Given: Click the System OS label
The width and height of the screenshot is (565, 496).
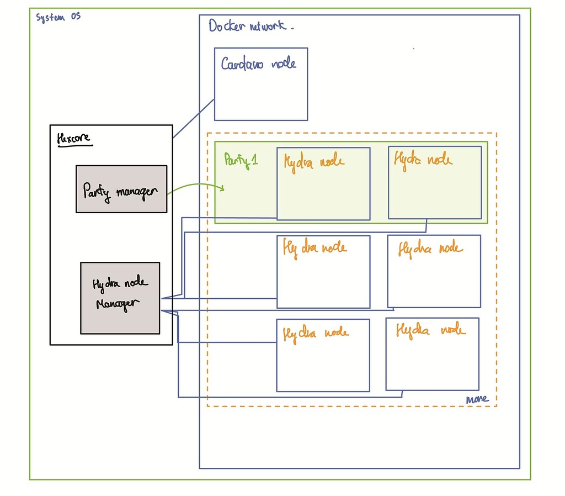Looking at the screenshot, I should tap(58, 17).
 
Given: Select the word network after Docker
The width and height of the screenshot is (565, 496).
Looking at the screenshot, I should tap(270, 26).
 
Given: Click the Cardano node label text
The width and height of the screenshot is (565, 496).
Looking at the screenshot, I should tap(258, 64).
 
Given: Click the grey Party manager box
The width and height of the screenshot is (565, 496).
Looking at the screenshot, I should tap(121, 189).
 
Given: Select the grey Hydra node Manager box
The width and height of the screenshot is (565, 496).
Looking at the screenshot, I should tap(120, 298).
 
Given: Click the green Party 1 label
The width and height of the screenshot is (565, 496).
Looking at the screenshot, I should tap(241, 160).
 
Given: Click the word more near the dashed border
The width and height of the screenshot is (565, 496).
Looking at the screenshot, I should tap(476, 399).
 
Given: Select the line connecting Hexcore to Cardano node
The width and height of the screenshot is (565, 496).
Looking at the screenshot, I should tap(193, 118).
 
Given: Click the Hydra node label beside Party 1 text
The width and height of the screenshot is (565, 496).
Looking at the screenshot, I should tap(314, 162).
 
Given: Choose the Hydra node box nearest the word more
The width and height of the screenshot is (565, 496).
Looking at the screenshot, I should tap(432, 354).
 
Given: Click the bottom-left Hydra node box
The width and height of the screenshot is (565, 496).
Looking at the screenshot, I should tap(323, 355).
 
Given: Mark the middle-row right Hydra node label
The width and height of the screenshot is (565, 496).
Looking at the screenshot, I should tap(430, 249).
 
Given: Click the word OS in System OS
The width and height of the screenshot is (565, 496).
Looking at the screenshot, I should tap(74, 17).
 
